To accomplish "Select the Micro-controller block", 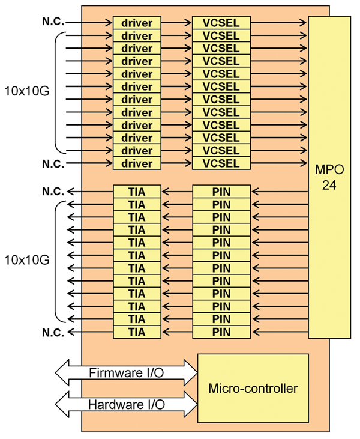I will coord(253,388).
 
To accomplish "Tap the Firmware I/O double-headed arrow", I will coord(126,373).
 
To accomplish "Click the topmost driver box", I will coord(137,23).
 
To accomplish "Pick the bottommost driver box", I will coord(137,163).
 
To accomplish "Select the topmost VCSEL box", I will coord(221,23).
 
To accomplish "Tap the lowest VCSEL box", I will coord(221,163).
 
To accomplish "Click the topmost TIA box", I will coord(137,192).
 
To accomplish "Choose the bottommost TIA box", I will coord(137,332).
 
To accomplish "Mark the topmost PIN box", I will coord(221,192).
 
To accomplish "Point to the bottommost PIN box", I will coord(221,332).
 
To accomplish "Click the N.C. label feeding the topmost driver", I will coord(53,22).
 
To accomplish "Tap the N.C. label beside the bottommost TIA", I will coord(53,332).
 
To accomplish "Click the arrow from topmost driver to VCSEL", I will coord(177,23).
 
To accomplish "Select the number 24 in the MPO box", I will coord(329,185).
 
